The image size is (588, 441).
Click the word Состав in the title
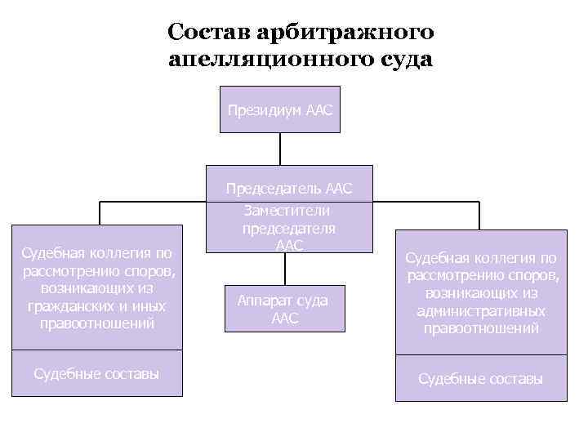tap(208, 32)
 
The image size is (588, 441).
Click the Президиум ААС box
tap(279, 109)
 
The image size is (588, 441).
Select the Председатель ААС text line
tap(289, 189)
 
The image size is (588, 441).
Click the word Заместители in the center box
tap(289, 210)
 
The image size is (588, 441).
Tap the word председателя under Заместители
tap(289, 228)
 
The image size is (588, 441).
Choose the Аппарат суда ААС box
tap(283, 309)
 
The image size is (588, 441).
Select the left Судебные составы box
tap(96, 373)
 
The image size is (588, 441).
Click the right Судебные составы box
tap(481, 379)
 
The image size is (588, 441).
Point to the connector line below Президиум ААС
tap(280, 149)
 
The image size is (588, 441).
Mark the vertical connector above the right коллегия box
tap(479, 214)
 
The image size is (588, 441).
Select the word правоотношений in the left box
tap(96, 323)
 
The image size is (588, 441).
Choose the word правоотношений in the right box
tap(481, 328)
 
